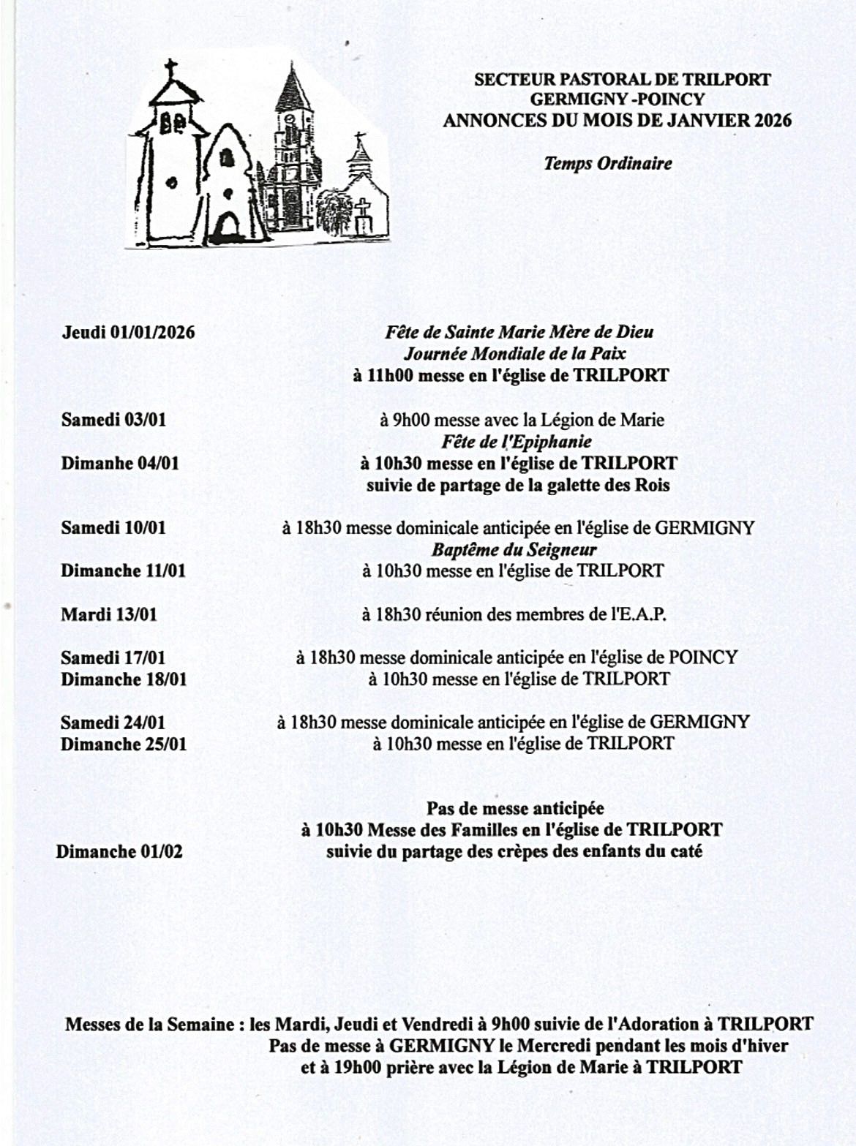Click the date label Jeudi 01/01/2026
point(128,333)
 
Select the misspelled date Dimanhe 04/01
point(119,463)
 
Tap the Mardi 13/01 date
point(108,614)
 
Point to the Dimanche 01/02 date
point(119,852)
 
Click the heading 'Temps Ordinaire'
point(607,163)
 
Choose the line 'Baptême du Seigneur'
point(514,550)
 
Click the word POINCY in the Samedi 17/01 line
point(702,657)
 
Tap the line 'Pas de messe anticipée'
point(515,809)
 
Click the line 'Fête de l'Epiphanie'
point(517,442)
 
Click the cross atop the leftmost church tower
point(171,70)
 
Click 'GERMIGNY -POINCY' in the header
point(617,99)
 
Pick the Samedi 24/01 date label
point(113,723)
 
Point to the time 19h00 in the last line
point(358,1067)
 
